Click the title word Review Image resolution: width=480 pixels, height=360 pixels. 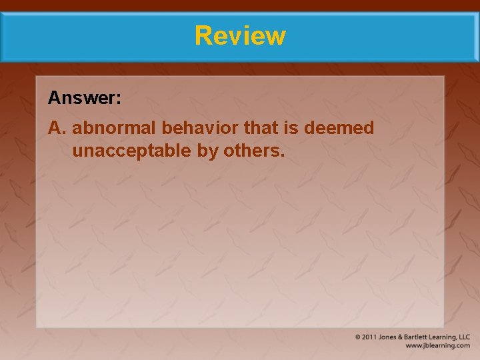pos(240,35)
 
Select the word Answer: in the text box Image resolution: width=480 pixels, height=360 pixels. pos(85,99)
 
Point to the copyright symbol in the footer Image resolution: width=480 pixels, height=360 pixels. pos(359,337)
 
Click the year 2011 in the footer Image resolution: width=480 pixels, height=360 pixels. pos(369,337)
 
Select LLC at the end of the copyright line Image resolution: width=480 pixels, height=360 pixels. pos(464,337)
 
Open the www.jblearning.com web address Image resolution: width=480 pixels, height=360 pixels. pos(437,346)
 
